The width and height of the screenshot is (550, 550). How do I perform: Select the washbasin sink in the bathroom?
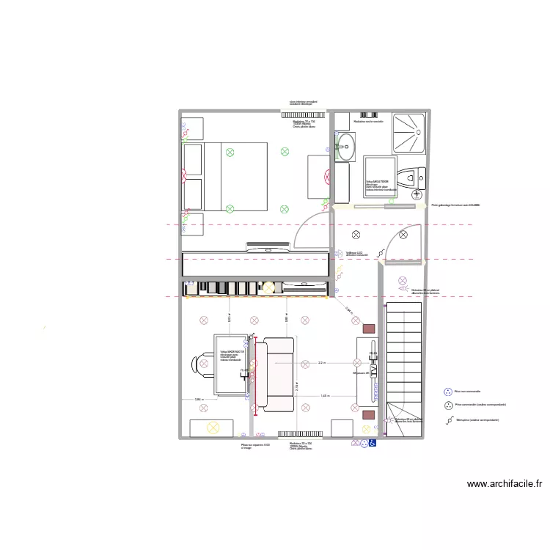(344, 148)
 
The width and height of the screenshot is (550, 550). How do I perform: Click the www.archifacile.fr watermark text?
(505, 483)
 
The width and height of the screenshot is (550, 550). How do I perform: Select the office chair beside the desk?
(202, 364)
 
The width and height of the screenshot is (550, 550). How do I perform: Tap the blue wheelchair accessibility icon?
(372, 442)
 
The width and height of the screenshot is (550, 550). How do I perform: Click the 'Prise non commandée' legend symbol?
(447, 392)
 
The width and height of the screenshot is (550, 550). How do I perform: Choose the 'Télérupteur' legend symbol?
(447, 420)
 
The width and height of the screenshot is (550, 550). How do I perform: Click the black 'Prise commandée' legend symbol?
(447, 404)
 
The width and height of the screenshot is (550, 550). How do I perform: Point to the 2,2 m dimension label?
(322, 362)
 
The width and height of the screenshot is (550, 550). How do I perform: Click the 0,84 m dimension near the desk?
(198, 400)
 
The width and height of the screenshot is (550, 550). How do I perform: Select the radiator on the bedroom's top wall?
(296, 114)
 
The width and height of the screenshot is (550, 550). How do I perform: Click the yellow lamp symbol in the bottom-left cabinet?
(213, 427)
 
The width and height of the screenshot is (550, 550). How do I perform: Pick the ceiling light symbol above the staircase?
(402, 280)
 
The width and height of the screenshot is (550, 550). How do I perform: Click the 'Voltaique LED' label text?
(354, 253)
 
